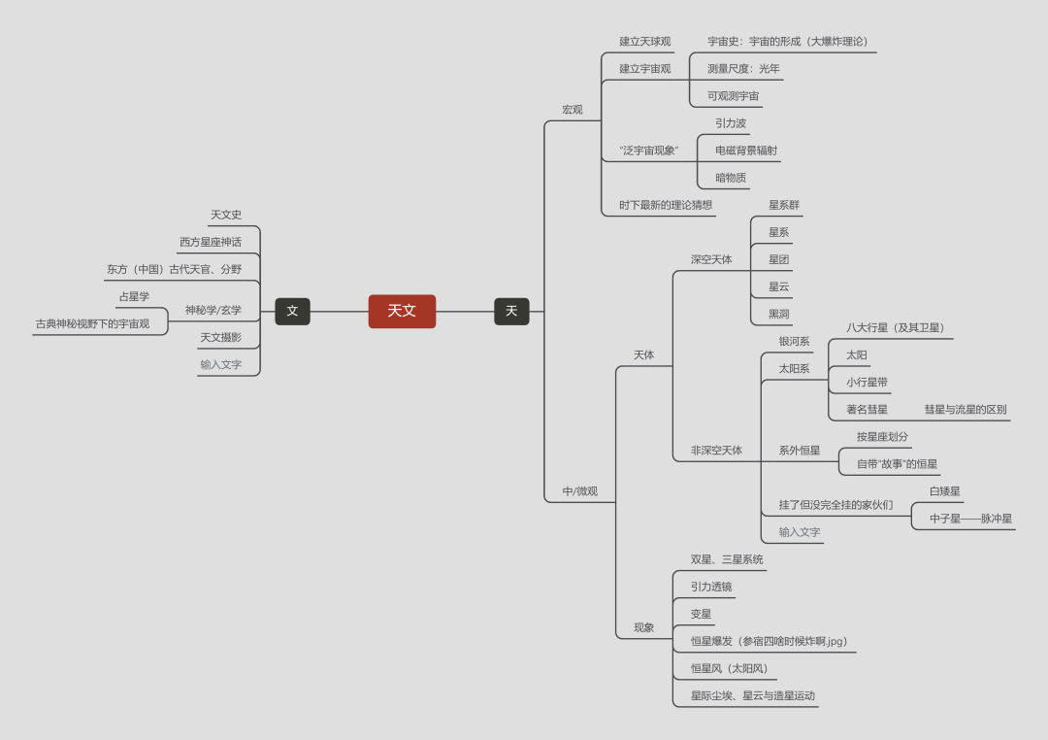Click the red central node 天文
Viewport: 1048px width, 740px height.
pos(402,311)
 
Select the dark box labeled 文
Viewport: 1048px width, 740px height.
pos(292,311)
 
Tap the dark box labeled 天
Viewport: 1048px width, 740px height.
pos(511,311)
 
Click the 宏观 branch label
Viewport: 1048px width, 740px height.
pos(573,110)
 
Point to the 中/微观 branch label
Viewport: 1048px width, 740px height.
pos(580,491)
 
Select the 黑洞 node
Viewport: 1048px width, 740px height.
pos(778,314)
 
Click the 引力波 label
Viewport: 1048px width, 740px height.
pos(731,123)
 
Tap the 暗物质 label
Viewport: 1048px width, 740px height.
pos(731,178)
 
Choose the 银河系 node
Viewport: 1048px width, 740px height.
pos(794,342)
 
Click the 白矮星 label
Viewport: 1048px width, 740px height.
pos(945,491)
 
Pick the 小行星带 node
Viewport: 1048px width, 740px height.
pos(867,383)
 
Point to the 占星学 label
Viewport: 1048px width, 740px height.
pos(134,296)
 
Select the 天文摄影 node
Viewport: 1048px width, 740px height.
pos(220,337)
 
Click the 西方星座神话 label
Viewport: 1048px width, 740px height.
pos(211,242)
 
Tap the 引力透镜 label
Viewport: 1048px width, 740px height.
pos(711,587)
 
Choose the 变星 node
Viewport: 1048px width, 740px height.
pos(701,614)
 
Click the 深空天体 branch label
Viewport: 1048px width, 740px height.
pos(711,259)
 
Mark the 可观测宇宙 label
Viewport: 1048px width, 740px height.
pos(733,96)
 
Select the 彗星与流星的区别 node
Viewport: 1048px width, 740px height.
pos(966,410)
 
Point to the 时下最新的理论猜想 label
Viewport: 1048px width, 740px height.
pos(666,205)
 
